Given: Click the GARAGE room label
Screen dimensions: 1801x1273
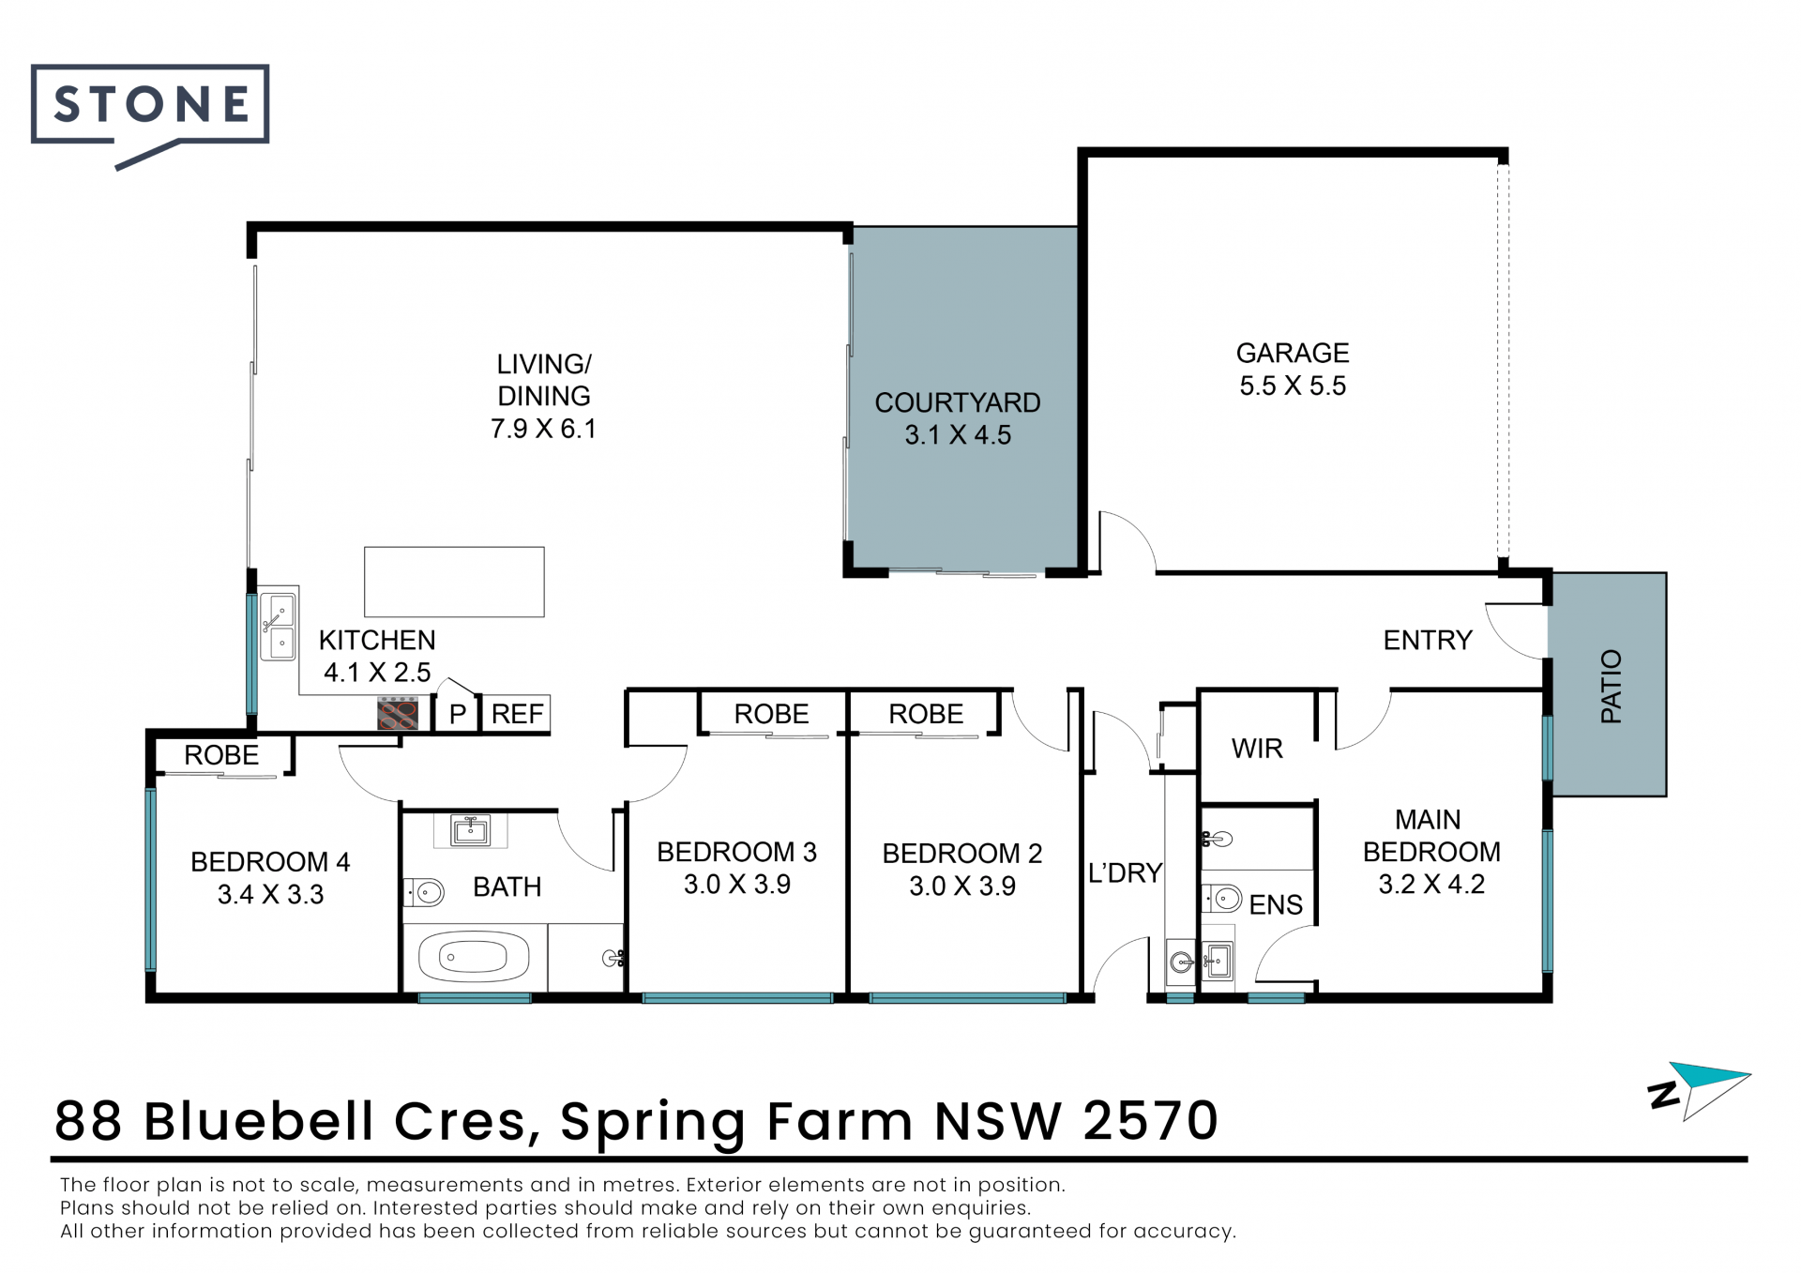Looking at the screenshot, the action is pyautogui.click(x=1292, y=354).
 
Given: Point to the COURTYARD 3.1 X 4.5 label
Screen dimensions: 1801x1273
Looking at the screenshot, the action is pyautogui.click(x=958, y=418).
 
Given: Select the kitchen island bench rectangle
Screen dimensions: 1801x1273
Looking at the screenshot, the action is pyautogui.click(x=454, y=582).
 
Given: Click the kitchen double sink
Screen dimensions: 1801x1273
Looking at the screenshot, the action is pyautogui.click(x=279, y=625).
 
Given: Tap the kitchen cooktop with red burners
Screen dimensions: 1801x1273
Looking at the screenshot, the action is pyautogui.click(x=398, y=714).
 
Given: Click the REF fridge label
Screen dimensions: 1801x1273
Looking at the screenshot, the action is pyautogui.click(x=517, y=714).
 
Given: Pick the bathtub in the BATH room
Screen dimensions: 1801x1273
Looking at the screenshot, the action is pyautogui.click(x=474, y=958).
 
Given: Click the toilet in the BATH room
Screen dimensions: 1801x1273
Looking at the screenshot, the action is pyautogui.click(x=424, y=892).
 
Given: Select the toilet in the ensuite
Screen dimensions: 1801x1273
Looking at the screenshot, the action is pyautogui.click(x=1222, y=899).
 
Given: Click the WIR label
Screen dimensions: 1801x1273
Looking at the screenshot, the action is pyautogui.click(x=1257, y=749).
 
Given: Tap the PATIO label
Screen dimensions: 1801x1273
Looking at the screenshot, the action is pyautogui.click(x=1611, y=686).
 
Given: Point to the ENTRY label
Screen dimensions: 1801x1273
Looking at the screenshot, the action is pyautogui.click(x=1428, y=641).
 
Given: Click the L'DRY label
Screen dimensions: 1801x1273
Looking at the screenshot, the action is pyautogui.click(x=1125, y=873).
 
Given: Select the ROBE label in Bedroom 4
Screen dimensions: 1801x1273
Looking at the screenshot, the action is pyautogui.click(x=221, y=755).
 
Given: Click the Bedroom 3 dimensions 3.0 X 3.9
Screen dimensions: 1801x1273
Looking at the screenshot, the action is pyautogui.click(x=737, y=885).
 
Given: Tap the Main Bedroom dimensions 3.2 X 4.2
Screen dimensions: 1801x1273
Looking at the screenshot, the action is pyautogui.click(x=1431, y=885).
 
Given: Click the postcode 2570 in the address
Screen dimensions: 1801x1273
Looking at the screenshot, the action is pyautogui.click(x=1150, y=1121).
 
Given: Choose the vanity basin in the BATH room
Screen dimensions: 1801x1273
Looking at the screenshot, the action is pyautogui.click(x=470, y=830).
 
